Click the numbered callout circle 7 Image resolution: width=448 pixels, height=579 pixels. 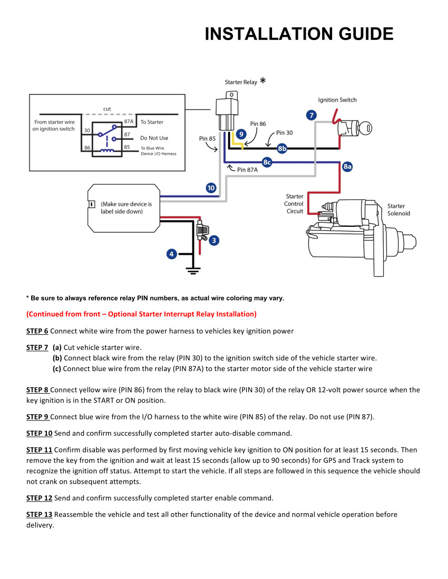tap(312, 115)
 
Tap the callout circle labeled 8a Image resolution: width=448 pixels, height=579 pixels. tap(347, 167)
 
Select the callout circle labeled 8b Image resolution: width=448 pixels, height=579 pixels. tap(283, 148)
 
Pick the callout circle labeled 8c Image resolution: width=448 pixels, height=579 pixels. tap(267, 163)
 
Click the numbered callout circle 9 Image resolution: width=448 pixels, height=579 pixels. tap(241, 134)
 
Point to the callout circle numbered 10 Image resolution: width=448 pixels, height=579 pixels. tap(211, 188)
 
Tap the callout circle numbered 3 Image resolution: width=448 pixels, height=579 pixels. tap(213, 241)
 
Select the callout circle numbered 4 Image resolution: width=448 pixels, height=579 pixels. tap(171, 254)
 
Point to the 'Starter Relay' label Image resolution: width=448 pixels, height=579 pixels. tap(241, 82)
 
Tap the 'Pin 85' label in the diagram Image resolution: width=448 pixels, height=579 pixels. tap(207, 138)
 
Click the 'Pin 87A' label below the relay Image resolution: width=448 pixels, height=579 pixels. tap(247, 169)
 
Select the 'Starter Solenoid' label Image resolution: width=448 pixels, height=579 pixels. tap(398, 209)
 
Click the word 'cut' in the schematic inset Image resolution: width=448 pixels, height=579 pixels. tap(107, 109)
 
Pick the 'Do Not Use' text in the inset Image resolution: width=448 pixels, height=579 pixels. tap(154, 138)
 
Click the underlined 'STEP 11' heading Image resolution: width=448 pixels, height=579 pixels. tap(39, 450)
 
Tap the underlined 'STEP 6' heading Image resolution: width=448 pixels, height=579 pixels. tap(37, 331)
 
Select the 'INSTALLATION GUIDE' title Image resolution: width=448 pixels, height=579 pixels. tap(299, 34)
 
